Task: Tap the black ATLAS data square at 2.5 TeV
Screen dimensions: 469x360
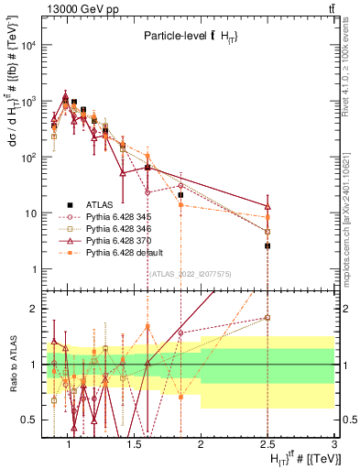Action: click(267, 245)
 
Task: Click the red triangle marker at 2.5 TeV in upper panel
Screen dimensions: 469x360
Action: click(267, 207)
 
